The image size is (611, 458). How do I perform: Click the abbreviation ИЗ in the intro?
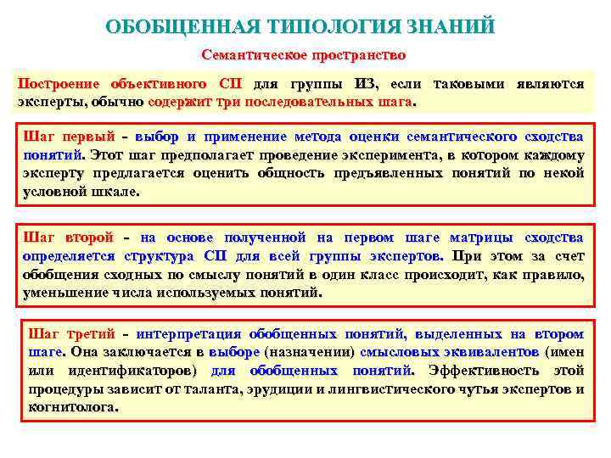point(365,84)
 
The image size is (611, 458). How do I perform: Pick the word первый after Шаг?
point(89,136)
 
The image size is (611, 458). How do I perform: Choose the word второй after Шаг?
point(89,237)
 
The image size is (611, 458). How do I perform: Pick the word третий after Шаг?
point(90,333)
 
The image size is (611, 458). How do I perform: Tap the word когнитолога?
point(73,407)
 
